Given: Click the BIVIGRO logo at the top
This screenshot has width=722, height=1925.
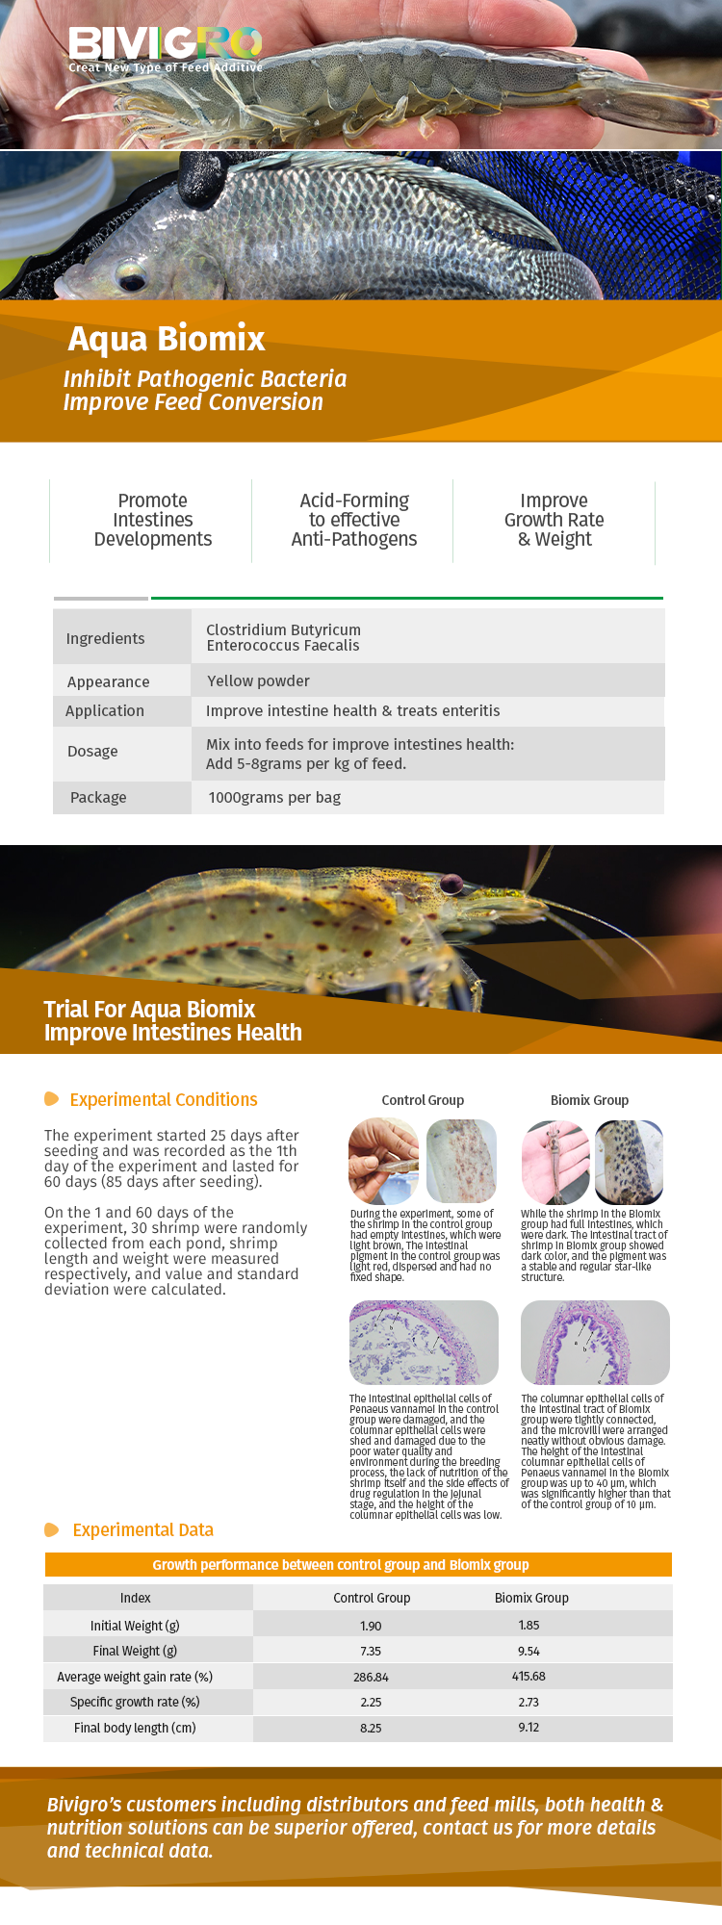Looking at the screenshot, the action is tap(165, 49).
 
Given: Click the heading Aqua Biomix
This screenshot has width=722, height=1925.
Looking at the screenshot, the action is tap(167, 339).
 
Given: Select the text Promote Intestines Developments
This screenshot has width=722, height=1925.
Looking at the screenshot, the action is tap(153, 520).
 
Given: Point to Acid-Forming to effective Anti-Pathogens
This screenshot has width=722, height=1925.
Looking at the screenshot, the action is tap(354, 520).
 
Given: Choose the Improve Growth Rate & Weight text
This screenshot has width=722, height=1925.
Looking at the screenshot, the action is tap(554, 520).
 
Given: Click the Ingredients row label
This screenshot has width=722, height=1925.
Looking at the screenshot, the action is tap(105, 638).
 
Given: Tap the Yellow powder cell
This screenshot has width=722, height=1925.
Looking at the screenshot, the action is tap(258, 680).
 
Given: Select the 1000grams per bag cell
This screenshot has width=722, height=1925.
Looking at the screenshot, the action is tap(274, 797).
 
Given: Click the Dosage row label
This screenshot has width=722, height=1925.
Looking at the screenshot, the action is tap(92, 751).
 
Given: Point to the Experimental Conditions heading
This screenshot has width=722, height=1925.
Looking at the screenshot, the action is tap(164, 1099).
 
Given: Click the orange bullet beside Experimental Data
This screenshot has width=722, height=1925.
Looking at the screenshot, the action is tap(52, 1529).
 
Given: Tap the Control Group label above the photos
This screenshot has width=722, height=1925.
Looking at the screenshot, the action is tap(423, 1100).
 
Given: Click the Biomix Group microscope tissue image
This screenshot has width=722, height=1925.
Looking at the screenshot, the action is tap(595, 1343).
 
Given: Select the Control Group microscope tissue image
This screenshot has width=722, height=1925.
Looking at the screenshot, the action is tap(424, 1343).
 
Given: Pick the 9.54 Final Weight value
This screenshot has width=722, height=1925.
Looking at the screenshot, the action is tap(529, 1651).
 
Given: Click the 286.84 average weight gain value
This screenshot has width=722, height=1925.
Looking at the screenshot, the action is tap(371, 1677).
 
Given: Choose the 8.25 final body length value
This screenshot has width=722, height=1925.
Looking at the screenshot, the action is tap(371, 1728).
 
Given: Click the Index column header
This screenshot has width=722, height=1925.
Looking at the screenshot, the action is tap(135, 1598).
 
